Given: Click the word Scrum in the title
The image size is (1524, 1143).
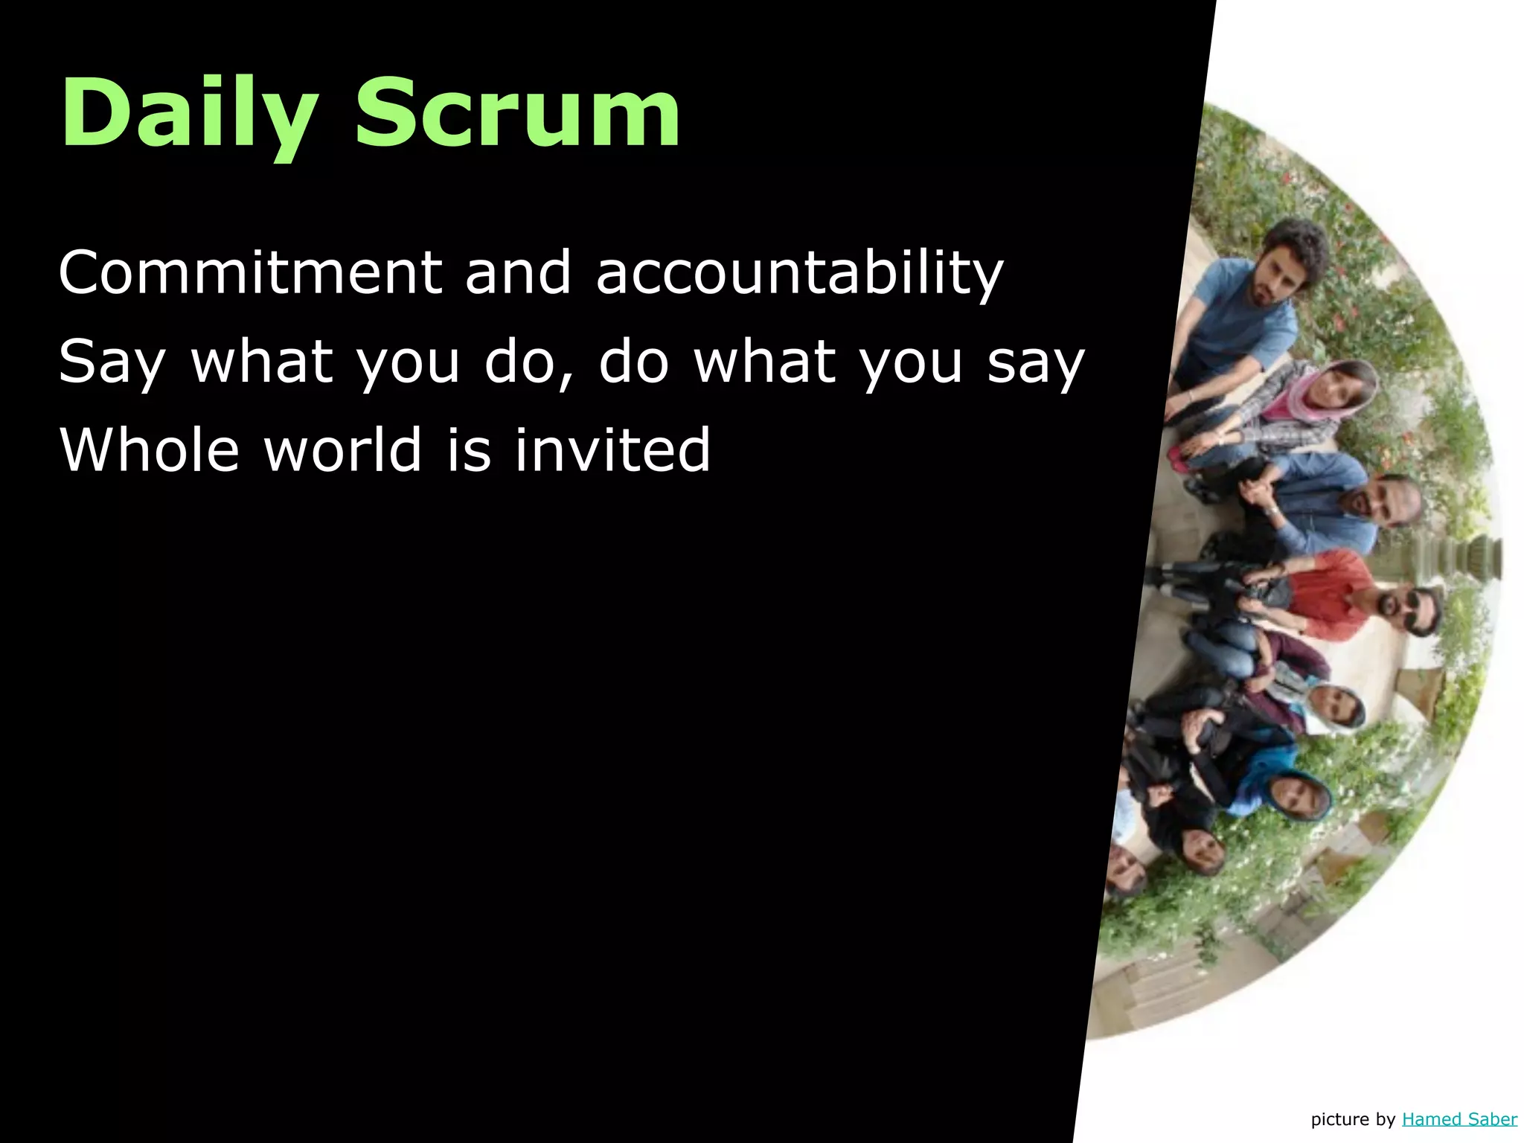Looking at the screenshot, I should [518, 114].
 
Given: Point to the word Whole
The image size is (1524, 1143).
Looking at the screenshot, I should [149, 450].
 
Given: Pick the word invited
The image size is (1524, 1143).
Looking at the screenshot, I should [612, 450].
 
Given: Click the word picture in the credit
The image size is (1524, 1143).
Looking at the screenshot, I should [1339, 1119].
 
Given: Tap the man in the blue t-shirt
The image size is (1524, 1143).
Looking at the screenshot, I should [1258, 298].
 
